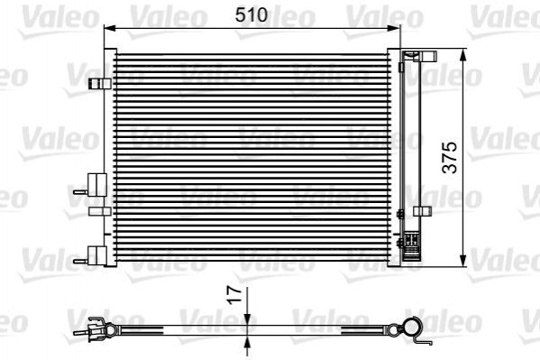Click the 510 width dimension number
click(252, 14)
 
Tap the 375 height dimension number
click(450, 157)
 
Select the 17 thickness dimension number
click(235, 295)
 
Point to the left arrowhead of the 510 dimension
click(109, 28)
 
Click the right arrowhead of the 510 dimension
click(395, 28)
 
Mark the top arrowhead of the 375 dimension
click(463, 54)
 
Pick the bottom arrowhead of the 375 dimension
click(463, 261)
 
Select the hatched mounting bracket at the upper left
click(99, 84)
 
